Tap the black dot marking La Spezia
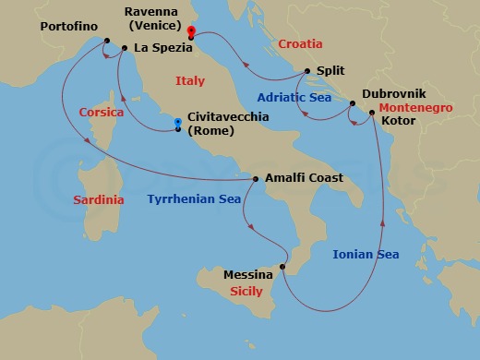(x=124, y=47)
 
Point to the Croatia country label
(x=300, y=43)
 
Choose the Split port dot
(x=308, y=70)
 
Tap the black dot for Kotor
(x=371, y=113)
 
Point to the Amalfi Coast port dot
(x=256, y=179)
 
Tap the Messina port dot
(x=282, y=269)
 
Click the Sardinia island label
(x=101, y=198)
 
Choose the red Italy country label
(x=191, y=82)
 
